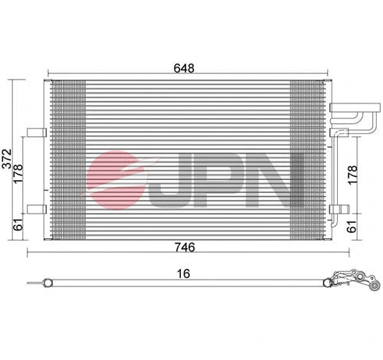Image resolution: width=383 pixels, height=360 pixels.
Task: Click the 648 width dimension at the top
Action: click(x=184, y=67)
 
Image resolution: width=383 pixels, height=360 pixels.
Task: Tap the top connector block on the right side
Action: click(x=339, y=110)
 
